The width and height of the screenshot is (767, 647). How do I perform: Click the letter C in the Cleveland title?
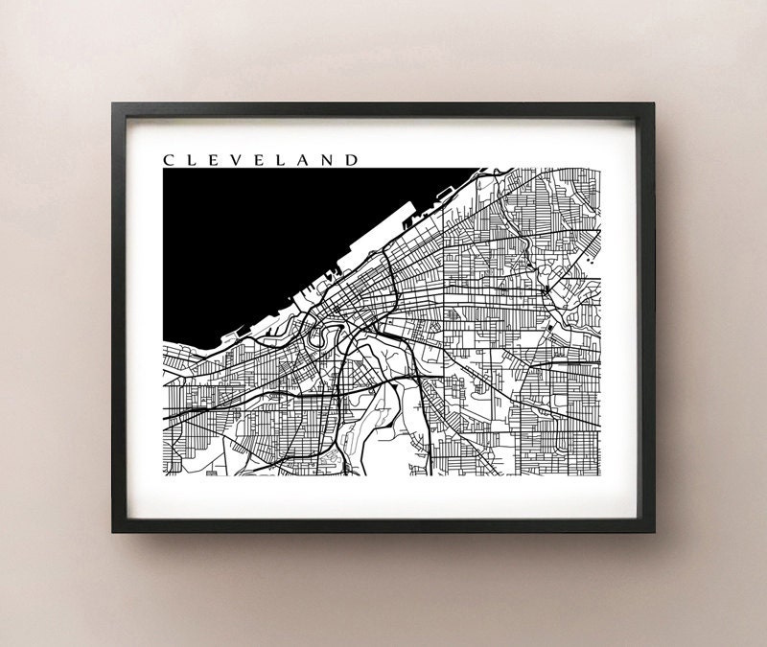coord(169,159)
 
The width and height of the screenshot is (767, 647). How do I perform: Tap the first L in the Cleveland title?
coord(192,159)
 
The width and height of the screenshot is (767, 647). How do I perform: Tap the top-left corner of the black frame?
coord(114,104)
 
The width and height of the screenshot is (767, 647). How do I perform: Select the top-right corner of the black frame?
coord(655,104)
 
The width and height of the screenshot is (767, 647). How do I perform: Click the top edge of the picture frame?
coord(383,109)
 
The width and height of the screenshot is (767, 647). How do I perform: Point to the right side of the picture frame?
coord(651,316)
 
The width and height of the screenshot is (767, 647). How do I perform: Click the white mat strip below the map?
coord(383,498)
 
